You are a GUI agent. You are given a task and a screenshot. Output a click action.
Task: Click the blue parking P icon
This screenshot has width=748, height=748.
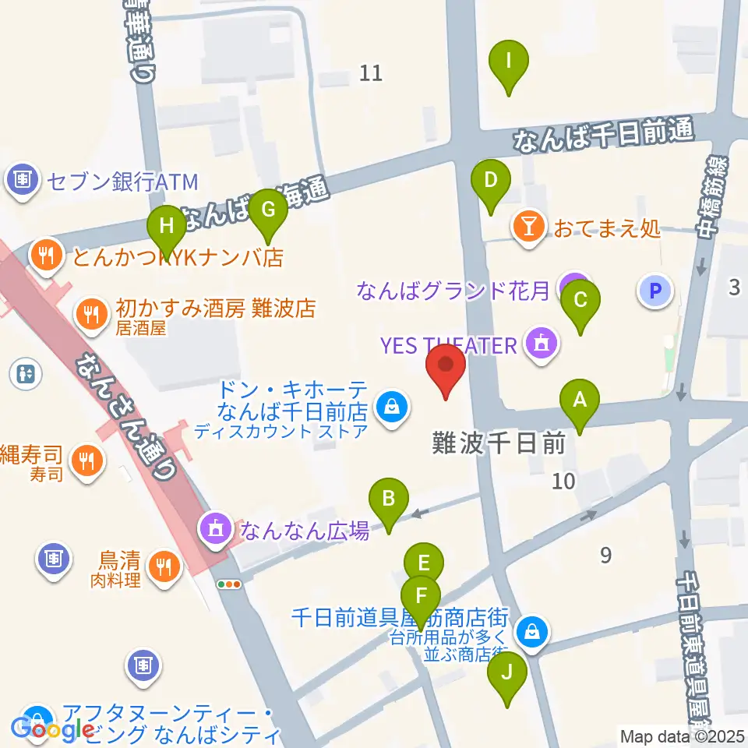tap(655, 292)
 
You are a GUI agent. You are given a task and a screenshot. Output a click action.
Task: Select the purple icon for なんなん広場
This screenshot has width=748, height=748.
tap(216, 531)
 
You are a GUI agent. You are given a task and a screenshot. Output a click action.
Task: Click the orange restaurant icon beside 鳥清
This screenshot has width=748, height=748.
tap(164, 566)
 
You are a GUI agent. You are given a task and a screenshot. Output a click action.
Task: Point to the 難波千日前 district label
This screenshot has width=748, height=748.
tap(499, 444)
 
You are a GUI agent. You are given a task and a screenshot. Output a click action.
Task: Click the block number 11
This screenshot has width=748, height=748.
tap(372, 73)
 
